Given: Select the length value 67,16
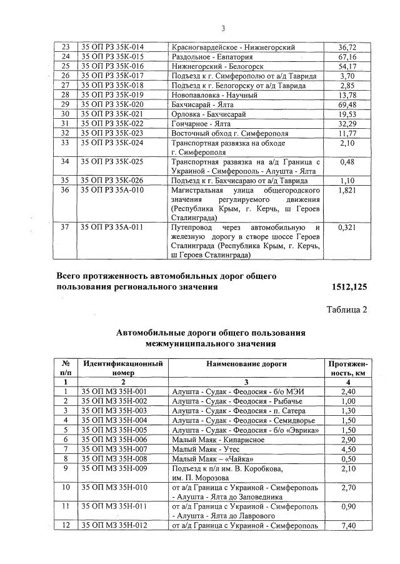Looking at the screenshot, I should coord(347,57).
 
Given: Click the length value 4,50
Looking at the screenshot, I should coord(347,449).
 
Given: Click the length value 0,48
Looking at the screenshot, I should coord(347,161).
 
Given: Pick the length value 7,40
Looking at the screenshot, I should coord(347,526).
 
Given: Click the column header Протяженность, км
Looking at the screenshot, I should coord(347,368).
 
